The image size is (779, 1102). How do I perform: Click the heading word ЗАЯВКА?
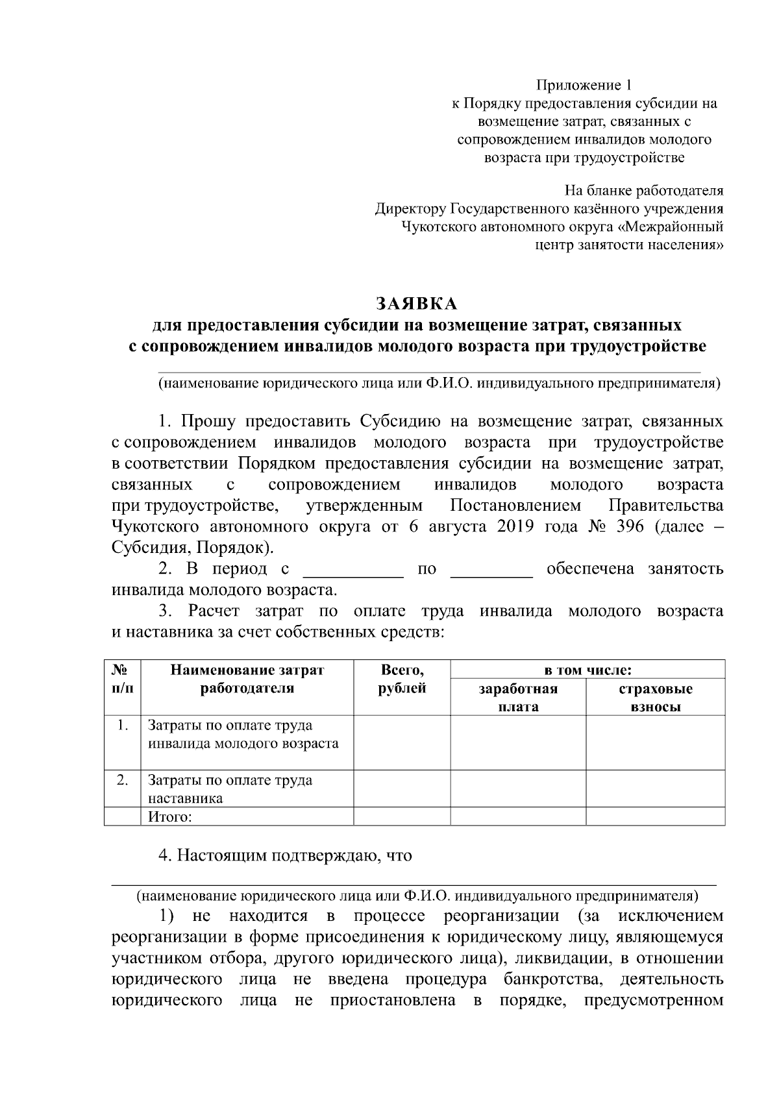coord(417,304)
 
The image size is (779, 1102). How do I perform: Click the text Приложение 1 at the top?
coord(583,85)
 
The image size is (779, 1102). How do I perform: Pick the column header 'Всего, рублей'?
coord(402,679)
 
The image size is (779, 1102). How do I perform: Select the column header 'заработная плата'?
coord(518,697)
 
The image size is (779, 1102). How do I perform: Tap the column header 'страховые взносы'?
coord(656,697)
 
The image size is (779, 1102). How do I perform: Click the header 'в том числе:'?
coord(587,669)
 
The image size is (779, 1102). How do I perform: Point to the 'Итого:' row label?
coord(170,816)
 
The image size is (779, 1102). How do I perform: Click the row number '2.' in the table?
coord(122,779)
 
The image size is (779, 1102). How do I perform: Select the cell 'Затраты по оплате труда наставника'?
coord(230,789)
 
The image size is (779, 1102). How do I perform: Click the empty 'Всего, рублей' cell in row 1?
coord(402,742)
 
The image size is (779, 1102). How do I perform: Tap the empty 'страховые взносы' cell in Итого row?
coord(656,816)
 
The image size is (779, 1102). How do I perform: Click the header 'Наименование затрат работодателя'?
coord(247,679)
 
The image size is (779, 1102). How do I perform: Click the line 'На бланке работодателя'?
coord(643,191)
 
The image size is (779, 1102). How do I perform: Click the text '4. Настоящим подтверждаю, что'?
coord(286,855)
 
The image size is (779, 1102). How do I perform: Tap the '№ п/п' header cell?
coord(122,679)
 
